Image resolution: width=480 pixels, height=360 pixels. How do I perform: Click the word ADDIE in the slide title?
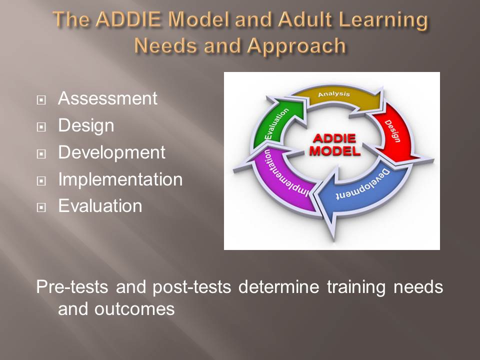128,19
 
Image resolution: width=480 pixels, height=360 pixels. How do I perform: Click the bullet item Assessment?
108,98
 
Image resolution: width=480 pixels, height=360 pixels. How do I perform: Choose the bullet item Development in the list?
111,153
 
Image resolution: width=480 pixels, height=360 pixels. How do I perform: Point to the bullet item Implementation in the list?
120,179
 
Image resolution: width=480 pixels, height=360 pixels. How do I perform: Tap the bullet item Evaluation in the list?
100,205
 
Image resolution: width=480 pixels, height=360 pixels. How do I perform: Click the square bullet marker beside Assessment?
41,100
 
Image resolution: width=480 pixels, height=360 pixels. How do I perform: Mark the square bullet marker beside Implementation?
41,181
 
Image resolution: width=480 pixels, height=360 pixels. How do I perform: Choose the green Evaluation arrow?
278,122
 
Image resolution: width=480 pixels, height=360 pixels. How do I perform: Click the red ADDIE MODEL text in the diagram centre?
334,144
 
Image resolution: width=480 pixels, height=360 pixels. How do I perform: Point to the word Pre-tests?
72,287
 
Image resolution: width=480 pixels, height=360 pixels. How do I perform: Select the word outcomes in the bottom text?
134,309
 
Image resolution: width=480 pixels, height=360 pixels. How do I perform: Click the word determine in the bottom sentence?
278,287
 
